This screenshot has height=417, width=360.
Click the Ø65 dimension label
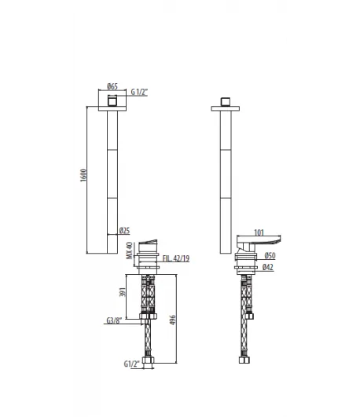pyautogui.click(x=112, y=86)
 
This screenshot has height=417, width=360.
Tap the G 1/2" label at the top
pyautogui.click(x=139, y=92)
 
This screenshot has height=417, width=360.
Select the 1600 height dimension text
pyautogui.click(x=83, y=175)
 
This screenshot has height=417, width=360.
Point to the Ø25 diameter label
pyautogui.click(x=125, y=230)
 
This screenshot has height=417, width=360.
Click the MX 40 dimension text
pyautogui.click(x=129, y=251)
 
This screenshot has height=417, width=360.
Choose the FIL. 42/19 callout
pyautogui.click(x=176, y=258)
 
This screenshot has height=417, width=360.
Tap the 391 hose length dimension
pyautogui.click(x=122, y=292)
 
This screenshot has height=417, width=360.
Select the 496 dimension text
pyautogui.click(x=173, y=320)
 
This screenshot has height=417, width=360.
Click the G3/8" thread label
pyautogui.click(x=114, y=320)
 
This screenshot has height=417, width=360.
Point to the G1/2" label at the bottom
pyautogui.click(x=131, y=364)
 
